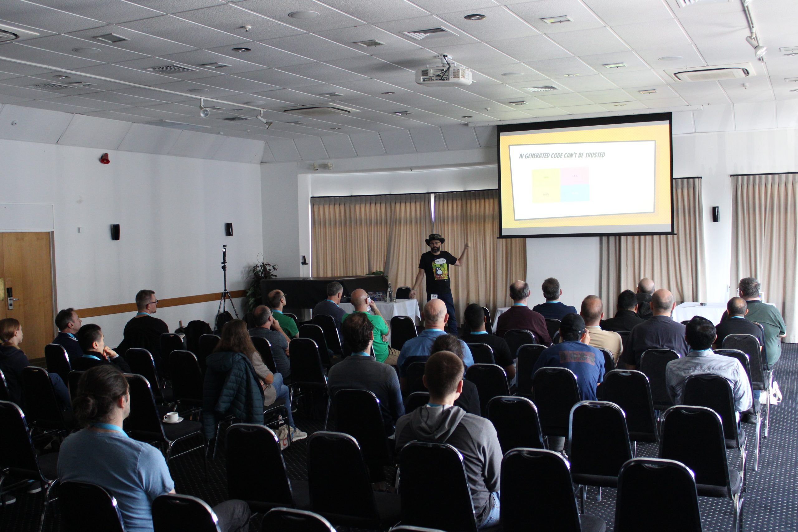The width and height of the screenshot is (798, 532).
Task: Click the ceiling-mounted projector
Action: tap(444, 75)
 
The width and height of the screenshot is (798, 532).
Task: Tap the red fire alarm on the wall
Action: tap(105, 158)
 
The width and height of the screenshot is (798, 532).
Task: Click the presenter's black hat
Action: tap(435, 238)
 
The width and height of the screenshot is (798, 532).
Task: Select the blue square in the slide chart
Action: tap(575, 194)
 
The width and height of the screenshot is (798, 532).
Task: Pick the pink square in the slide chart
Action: tap(575, 177)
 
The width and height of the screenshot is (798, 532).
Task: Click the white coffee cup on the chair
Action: tap(171, 417)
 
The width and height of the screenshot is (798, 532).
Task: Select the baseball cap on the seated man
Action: tap(572, 322)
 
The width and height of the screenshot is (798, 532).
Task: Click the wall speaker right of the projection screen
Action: tap(716, 214)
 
